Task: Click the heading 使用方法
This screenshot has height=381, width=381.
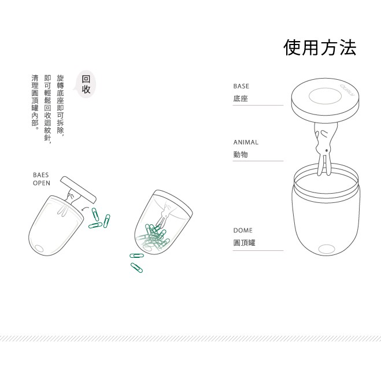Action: pyautogui.click(x=320, y=47)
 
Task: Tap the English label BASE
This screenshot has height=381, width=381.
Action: pyautogui.click(x=241, y=86)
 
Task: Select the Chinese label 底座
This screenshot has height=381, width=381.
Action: pyautogui.click(x=241, y=98)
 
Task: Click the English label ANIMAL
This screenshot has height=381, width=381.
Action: pyautogui.click(x=246, y=142)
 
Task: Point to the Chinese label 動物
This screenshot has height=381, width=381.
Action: pyautogui.click(x=241, y=154)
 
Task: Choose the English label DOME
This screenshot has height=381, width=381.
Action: pyautogui.click(x=243, y=230)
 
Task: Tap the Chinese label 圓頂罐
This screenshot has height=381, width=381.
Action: pyautogui.click(x=244, y=242)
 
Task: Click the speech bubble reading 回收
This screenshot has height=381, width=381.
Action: pyautogui.click(x=86, y=84)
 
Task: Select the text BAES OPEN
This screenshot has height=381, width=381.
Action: pyautogui.click(x=41, y=179)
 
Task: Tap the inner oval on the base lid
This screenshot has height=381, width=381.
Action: pyautogui.click(x=325, y=96)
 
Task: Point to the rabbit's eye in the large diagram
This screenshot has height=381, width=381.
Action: pyautogui.click(x=326, y=151)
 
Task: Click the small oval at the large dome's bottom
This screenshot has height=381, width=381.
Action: pyautogui.click(x=327, y=249)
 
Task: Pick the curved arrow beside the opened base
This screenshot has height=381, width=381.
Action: pyautogui.click(x=84, y=208)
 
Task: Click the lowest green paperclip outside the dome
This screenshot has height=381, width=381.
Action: pyautogui.click(x=136, y=268)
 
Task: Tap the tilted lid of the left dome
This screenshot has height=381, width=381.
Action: pyautogui.click(x=78, y=190)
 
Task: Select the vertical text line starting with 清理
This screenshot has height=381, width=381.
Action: pyautogui.click(x=35, y=102)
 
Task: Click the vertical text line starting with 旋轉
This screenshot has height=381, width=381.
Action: pyautogui.click(x=60, y=105)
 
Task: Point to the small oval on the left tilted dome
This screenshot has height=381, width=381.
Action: pyautogui.click(x=39, y=249)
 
